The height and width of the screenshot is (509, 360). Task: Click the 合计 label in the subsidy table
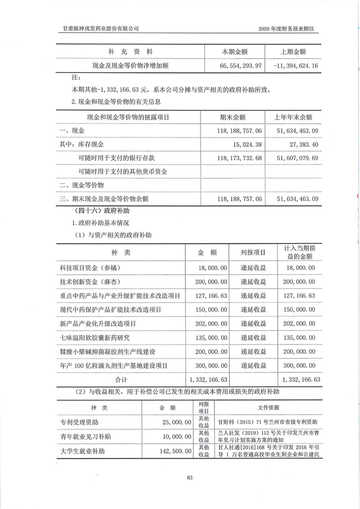(x=121, y=379)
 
